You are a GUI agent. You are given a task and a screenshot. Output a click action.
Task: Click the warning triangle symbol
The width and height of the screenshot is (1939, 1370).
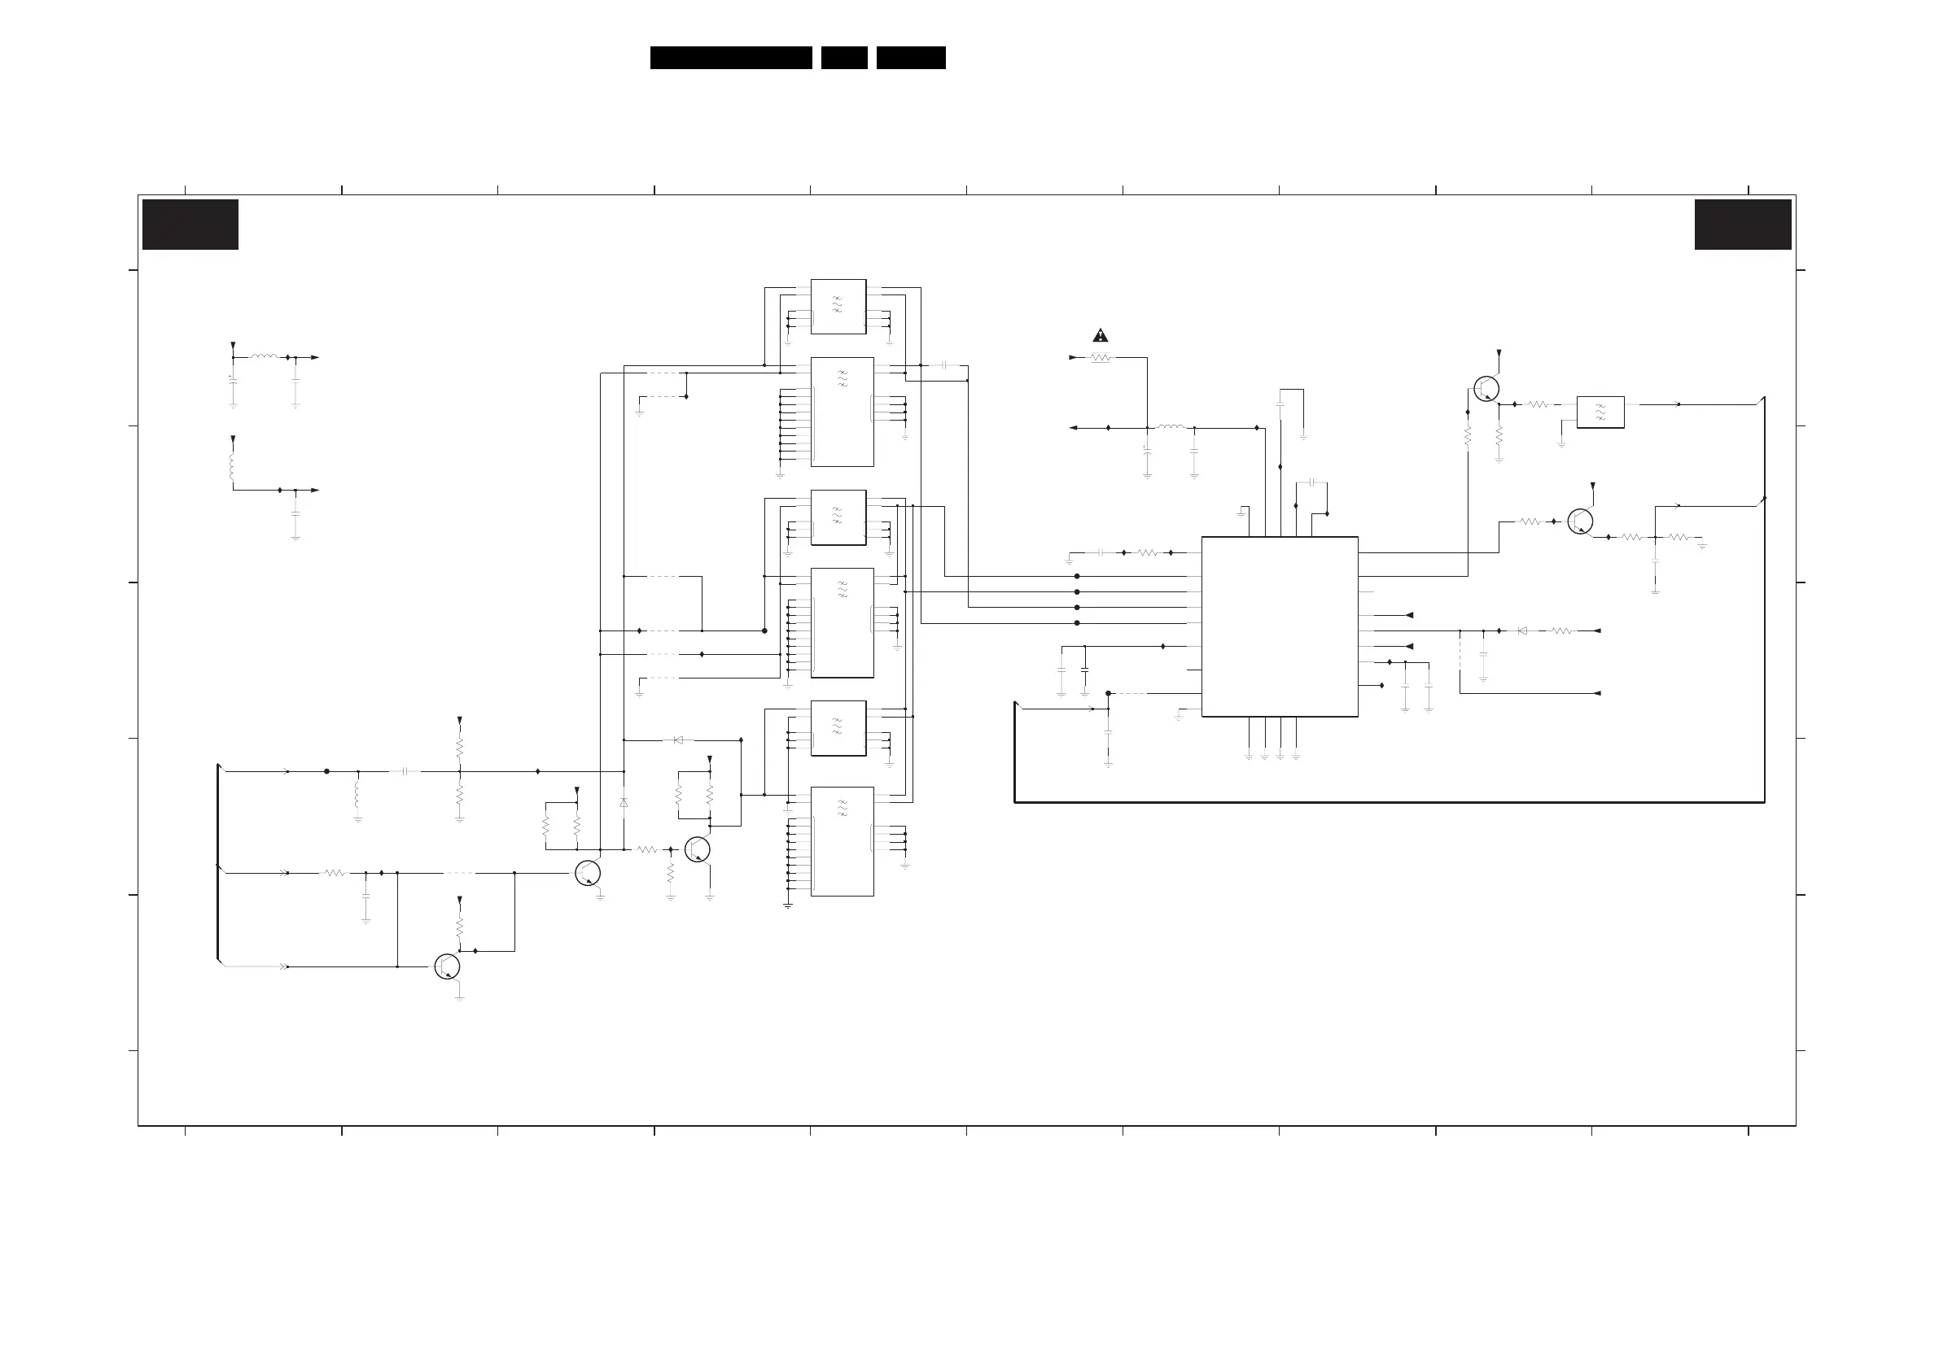(1101, 335)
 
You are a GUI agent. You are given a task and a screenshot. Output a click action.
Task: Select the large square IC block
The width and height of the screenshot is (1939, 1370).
(1280, 626)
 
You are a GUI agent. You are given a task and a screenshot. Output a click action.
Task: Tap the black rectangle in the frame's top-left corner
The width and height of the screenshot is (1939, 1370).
(190, 225)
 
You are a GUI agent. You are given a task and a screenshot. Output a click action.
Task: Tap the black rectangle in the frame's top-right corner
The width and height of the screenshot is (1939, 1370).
(1742, 225)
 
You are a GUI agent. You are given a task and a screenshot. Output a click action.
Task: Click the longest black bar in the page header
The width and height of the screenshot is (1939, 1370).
(730, 58)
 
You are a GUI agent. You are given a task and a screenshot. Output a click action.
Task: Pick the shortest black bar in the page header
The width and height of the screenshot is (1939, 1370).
(843, 58)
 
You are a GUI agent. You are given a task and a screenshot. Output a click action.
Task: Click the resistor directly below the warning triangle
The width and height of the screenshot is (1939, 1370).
(1101, 358)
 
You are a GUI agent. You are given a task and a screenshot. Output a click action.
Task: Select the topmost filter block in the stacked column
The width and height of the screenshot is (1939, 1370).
(838, 307)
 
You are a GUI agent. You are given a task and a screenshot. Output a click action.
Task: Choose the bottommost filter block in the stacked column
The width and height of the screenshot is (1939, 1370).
(842, 840)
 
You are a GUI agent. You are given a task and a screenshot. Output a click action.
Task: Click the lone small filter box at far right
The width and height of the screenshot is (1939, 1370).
(1600, 412)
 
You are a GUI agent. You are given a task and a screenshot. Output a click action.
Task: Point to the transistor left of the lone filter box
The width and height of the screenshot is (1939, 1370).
(1486, 388)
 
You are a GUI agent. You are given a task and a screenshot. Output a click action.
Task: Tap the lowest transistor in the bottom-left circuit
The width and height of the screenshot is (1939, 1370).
(447, 966)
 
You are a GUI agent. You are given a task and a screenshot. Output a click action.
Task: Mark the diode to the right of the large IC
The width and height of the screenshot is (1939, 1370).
(1521, 630)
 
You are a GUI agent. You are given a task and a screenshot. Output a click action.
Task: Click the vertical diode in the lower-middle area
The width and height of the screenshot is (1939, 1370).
(624, 803)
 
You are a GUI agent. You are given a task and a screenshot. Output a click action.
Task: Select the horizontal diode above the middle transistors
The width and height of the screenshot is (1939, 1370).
(678, 740)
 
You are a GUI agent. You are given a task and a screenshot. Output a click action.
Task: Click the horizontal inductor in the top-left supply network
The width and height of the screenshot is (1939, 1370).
(264, 357)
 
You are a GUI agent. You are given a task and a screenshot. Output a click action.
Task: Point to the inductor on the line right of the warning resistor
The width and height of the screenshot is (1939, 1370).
(1170, 427)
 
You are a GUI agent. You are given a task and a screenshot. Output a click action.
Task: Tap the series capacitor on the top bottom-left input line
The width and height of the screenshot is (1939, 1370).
(405, 771)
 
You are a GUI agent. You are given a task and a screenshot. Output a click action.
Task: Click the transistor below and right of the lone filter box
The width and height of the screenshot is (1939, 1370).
(1580, 521)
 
